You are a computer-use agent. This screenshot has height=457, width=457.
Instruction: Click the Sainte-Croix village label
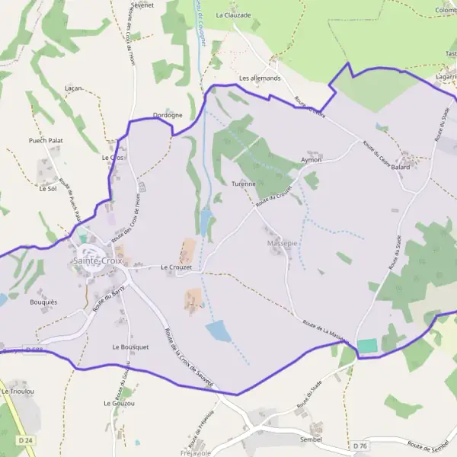tap(97, 260)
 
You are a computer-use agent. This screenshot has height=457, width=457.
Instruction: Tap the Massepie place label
tap(283, 243)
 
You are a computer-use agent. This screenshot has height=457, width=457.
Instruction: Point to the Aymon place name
tap(311, 160)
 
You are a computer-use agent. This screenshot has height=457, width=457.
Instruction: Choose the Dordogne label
tap(168, 115)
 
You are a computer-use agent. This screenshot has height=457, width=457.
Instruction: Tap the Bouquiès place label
tap(44, 302)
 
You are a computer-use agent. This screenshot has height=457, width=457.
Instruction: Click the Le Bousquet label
tap(130, 347)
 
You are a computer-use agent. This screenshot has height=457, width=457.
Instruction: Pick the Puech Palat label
tap(46, 141)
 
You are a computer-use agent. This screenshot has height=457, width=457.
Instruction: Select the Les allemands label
tap(260, 78)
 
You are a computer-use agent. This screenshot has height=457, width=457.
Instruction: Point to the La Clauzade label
tap(233, 14)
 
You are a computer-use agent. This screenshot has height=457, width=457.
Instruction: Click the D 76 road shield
tap(360, 445)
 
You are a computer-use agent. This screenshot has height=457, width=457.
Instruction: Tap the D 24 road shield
tap(24, 441)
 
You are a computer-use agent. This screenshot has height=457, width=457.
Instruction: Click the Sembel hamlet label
tap(311, 439)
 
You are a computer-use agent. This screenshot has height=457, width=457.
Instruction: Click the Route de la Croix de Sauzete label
tap(188, 357)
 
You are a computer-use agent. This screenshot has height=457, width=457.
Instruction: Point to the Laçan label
tap(74, 88)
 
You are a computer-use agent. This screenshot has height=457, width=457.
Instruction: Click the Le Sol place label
tap(47, 188)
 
